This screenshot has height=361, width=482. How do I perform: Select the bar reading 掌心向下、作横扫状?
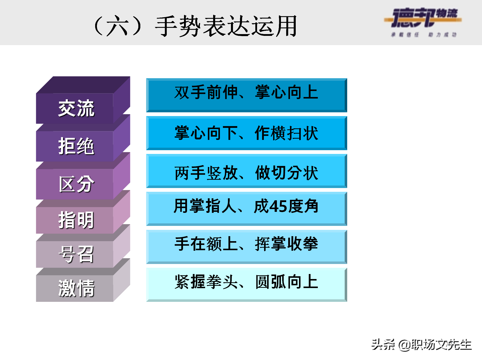click(x=246, y=133)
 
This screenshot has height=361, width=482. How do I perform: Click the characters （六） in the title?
click(x=117, y=26)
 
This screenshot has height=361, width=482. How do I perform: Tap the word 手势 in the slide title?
click(x=178, y=26)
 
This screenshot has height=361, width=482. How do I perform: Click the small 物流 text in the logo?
click(x=447, y=13)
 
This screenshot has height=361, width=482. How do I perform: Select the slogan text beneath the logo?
click(x=424, y=35)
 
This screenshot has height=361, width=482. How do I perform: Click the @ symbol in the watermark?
click(x=404, y=345)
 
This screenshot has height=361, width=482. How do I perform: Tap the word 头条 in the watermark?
click(x=383, y=344)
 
